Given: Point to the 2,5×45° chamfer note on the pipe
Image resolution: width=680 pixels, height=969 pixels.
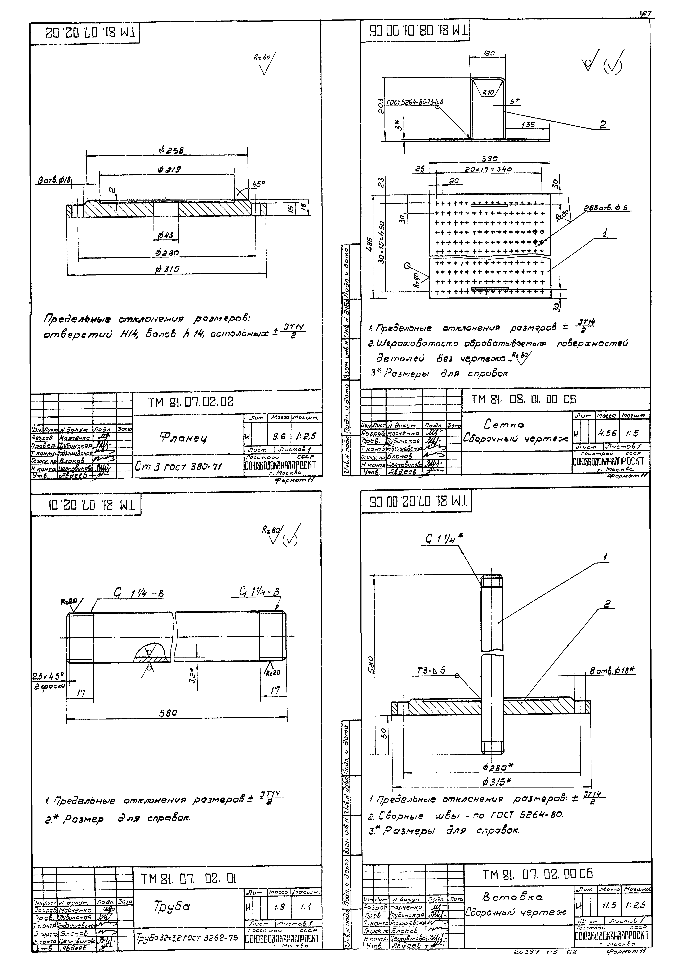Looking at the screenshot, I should (x=47, y=676).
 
